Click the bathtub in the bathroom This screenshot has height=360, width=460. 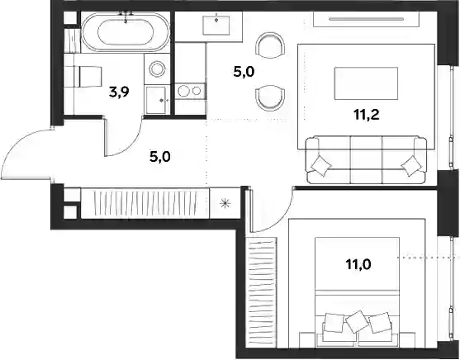126,32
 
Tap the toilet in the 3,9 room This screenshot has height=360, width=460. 83,76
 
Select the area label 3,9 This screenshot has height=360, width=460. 119,92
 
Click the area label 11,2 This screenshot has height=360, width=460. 367,115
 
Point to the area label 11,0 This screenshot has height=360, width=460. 358,264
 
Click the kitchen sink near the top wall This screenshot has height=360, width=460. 216,26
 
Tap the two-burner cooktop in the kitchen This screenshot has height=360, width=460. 189,91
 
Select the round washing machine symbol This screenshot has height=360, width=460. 157,69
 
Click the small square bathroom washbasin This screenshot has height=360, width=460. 156,100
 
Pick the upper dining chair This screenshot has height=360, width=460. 270,45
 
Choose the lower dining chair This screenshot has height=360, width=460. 270,98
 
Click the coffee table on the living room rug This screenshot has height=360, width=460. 367,83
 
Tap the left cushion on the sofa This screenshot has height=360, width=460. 320,165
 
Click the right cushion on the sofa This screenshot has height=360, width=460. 411,166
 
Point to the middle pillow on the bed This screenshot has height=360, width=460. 358,321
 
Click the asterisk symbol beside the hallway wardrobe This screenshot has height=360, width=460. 225,203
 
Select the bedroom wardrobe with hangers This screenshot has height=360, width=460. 262,292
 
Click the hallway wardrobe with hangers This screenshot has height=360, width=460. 145,204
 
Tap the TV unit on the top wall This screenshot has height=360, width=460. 366,19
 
